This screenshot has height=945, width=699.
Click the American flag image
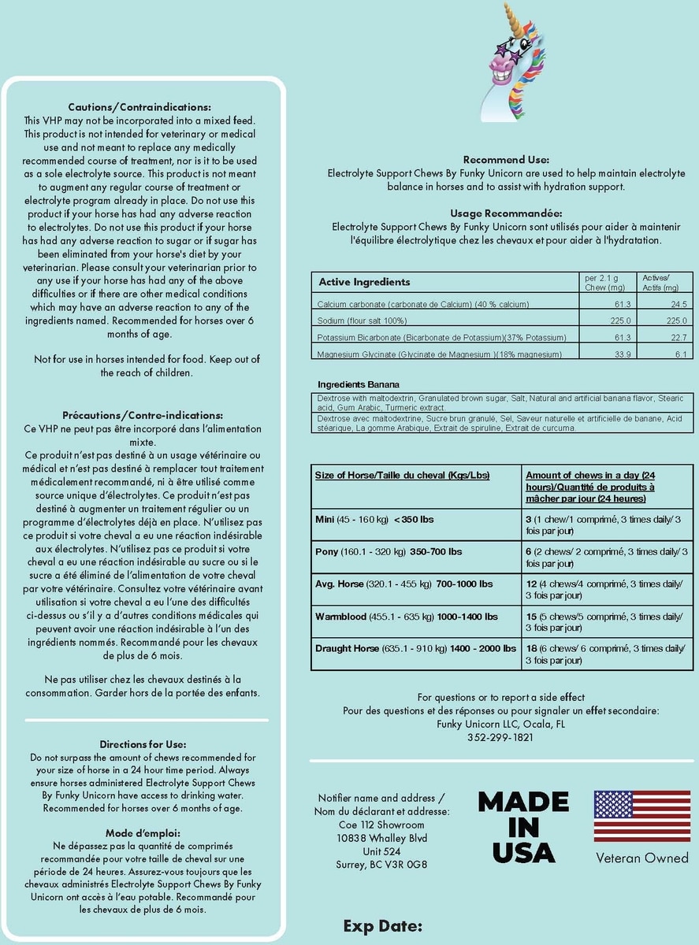tap(641, 816)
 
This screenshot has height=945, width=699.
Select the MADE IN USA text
tap(523, 827)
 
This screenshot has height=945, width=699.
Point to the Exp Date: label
tap(383, 925)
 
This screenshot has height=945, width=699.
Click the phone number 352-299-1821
tap(500, 737)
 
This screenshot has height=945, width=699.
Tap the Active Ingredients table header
tap(364, 282)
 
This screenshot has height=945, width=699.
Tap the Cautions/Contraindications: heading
tap(139, 107)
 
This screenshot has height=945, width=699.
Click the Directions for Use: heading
tap(143, 743)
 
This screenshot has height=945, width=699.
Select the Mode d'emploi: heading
tap(143, 832)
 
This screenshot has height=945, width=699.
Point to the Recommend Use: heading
tap(506, 160)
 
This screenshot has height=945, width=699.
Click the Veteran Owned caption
tap(641, 858)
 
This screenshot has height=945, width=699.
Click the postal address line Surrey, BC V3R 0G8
tap(381, 865)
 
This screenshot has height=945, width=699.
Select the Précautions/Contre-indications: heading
tap(143, 415)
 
